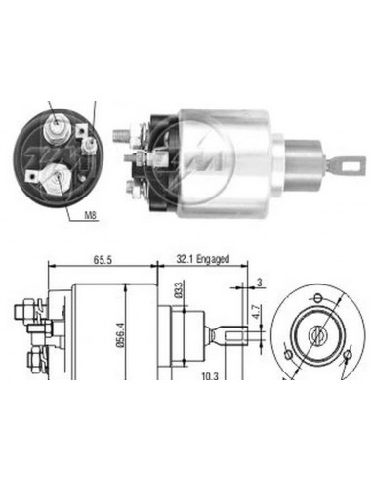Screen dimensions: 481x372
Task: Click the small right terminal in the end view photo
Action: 87,148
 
